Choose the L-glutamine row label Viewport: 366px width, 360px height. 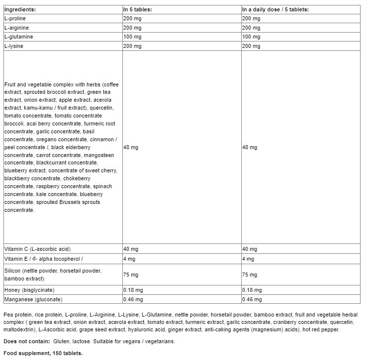point(17,37)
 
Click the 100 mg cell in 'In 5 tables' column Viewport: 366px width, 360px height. point(132,37)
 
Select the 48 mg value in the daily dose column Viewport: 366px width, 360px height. point(250,147)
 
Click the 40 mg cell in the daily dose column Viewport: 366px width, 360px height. point(250,249)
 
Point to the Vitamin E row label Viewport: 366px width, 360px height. point(43,259)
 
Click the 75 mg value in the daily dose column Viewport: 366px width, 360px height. point(250,275)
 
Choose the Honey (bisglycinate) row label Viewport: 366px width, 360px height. point(29,290)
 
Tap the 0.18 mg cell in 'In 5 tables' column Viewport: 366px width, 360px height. point(133,290)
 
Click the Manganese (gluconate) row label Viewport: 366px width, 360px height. point(34,299)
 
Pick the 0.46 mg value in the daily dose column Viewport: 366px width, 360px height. point(252,299)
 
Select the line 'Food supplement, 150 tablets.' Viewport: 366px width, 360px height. point(43,353)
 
